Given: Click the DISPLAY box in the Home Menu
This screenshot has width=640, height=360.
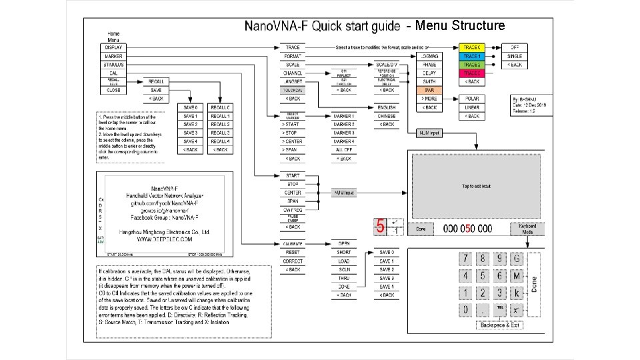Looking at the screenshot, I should [x=112, y=48].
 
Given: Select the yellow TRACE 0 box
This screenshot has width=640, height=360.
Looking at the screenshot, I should [x=472, y=48].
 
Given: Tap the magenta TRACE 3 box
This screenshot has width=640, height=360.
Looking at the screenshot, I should [x=472, y=73].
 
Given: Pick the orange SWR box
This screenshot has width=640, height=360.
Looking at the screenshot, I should [x=430, y=90].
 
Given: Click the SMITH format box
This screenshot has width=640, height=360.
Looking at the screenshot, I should [x=430, y=81].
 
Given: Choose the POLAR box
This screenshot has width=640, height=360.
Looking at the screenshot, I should [x=472, y=99].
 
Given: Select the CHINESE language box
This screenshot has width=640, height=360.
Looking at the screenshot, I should [x=387, y=116].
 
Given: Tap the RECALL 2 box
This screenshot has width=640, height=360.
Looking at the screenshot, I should [x=220, y=125].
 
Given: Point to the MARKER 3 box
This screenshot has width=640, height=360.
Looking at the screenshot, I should [x=344, y=133].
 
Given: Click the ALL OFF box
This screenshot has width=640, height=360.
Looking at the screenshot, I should [x=344, y=150].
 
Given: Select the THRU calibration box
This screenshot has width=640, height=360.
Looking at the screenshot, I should [x=344, y=278].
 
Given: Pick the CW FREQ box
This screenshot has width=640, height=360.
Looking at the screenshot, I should [x=293, y=210].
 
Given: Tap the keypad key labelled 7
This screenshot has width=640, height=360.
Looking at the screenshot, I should [x=465, y=259].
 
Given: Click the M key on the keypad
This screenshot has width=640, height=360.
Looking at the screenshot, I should [x=517, y=275].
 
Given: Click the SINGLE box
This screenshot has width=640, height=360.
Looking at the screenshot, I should [x=515, y=57].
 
